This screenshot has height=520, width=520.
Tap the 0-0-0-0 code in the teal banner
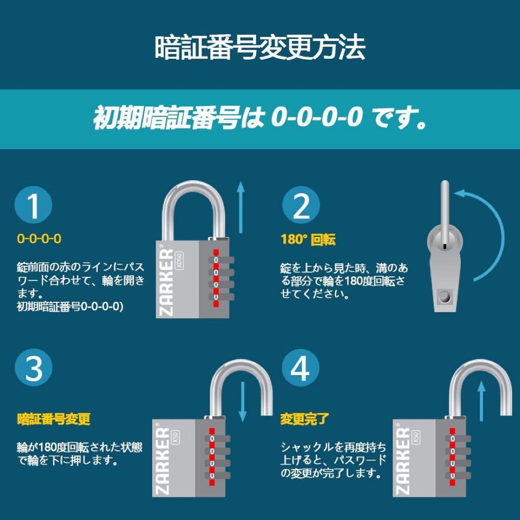click(317, 117)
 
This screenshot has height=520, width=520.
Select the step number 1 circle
click(33, 205)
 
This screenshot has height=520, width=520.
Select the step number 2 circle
click(301, 205)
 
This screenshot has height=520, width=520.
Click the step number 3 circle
click(34, 367)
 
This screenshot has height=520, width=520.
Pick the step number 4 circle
click(300, 367)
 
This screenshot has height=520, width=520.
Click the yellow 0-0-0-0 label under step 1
click(39, 239)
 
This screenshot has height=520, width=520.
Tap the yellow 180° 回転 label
click(308, 239)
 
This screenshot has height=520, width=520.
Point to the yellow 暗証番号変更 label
click(54, 419)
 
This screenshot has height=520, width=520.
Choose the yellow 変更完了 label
click(304, 419)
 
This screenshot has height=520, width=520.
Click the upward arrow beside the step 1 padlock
click(241, 207)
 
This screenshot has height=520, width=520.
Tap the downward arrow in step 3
click(243, 402)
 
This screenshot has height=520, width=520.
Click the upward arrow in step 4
click(481, 401)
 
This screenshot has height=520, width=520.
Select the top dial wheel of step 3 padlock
click(217, 439)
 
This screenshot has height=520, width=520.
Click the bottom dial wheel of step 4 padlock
click(458, 475)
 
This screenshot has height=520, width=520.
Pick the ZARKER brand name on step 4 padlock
click(403, 461)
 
